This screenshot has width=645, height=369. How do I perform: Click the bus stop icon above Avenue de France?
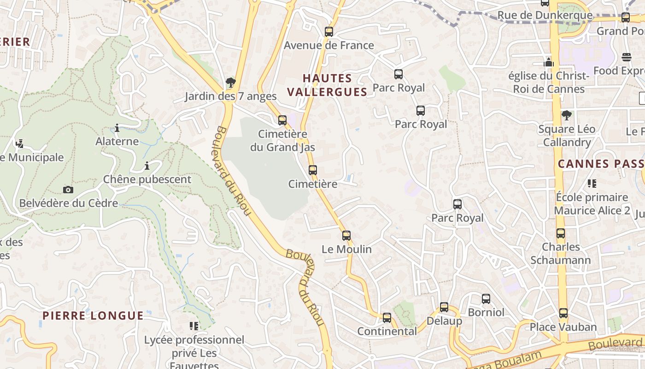pyautogui.click(x=328, y=32)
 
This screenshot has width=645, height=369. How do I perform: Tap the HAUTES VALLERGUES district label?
pyautogui.click(x=327, y=85)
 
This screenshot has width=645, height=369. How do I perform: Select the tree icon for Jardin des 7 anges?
pyautogui.click(x=230, y=83)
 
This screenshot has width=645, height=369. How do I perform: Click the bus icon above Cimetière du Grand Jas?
pyautogui.click(x=282, y=120)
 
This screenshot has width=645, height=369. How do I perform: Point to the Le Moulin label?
pyautogui.click(x=346, y=250)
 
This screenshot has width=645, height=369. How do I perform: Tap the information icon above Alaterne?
pyautogui.click(x=117, y=128)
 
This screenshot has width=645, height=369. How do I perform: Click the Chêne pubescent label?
pyautogui.click(x=147, y=179)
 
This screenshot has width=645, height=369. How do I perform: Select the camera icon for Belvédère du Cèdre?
pyautogui.click(x=68, y=190)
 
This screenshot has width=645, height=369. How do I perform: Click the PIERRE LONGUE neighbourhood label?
pyautogui.click(x=93, y=316)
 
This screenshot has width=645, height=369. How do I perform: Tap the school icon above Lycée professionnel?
pyautogui.click(x=194, y=326)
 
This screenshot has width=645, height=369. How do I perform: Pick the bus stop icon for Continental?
pyautogui.click(x=387, y=318)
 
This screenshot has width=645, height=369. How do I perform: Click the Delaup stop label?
pyautogui.click(x=444, y=321)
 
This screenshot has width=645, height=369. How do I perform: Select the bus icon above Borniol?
pyautogui.click(x=486, y=299)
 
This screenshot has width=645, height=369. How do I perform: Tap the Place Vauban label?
pyautogui.click(x=563, y=327)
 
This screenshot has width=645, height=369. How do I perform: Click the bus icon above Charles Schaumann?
pyautogui.click(x=560, y=233)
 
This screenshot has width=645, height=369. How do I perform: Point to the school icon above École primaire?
pyautogui.click(x=592, y=184)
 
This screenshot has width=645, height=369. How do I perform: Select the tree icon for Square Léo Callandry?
pyautogui.click(x=567, y=115)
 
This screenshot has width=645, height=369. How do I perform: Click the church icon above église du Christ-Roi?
pyautogui.click(x=549, y=62)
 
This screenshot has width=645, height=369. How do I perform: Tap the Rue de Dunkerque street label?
pyautogui.click(x=545, y=15)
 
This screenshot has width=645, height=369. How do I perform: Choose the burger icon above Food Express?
pyautogui.click(x=626, y=57)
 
